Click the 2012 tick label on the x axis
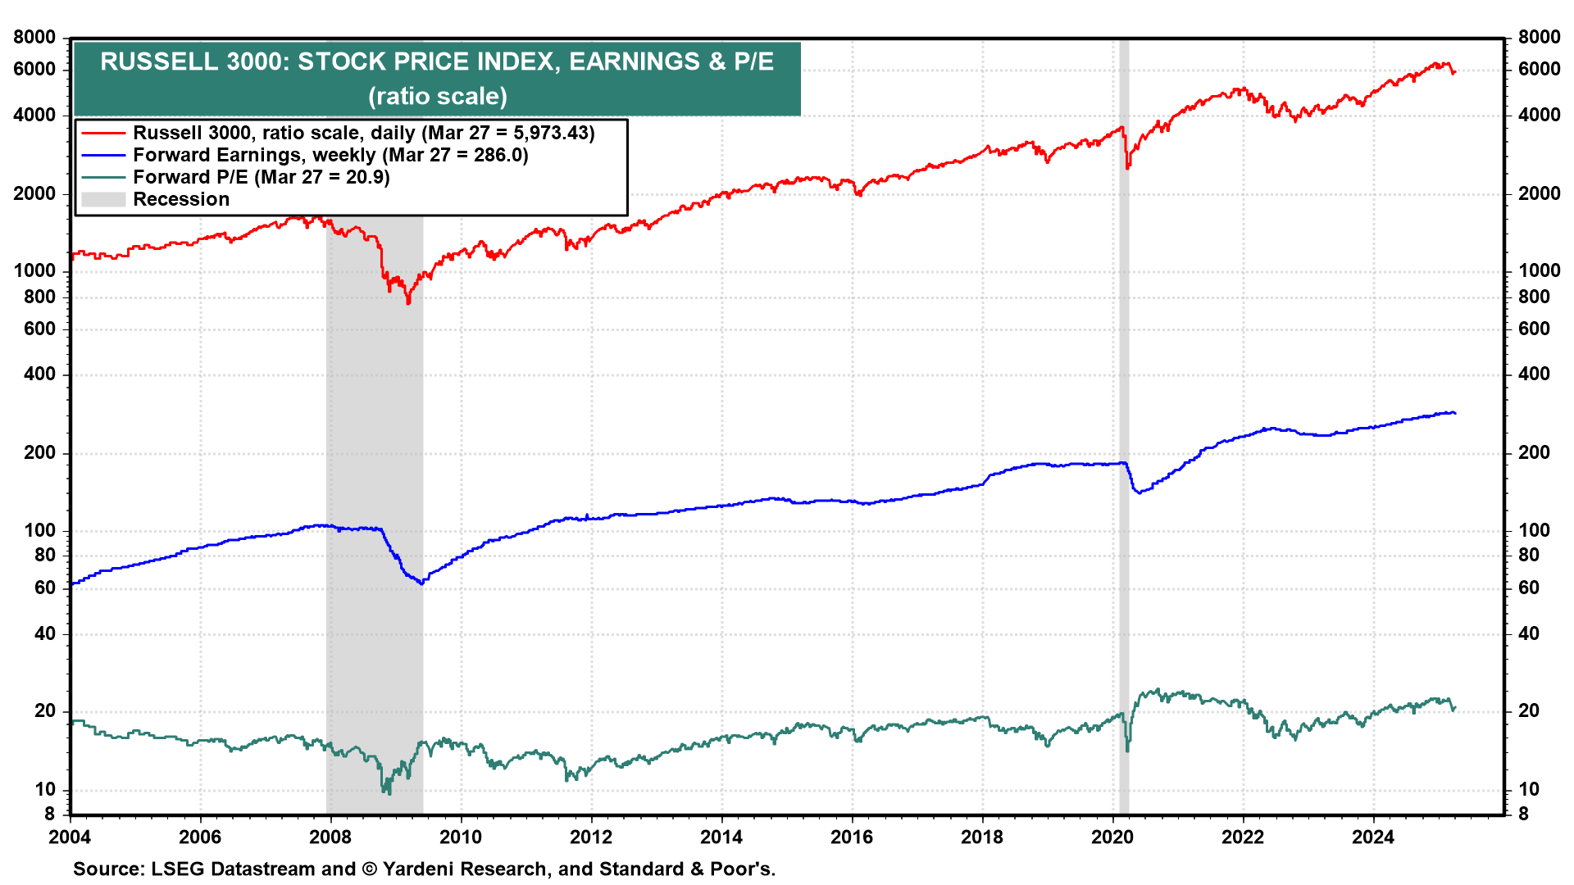pos(590,837)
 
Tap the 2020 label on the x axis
pos(1112,837)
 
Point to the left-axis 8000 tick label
pos(34,37)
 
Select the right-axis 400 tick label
pos(1534,374)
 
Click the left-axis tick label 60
pos(45,588)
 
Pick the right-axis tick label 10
pos(1529,789)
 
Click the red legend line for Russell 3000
pos(103,133)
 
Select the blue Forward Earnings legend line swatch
pos(103,155)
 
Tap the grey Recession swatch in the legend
pos(103,199)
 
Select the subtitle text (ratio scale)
pos(438,96)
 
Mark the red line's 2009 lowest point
pos(408,303)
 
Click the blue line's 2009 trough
pos(421,583)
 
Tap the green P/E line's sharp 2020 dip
pos(1127,750)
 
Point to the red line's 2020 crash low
pos(1127,168)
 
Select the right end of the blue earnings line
pos(1454,413)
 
